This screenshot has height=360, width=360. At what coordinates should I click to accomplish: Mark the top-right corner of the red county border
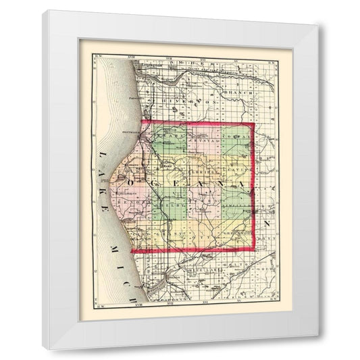click(x=253, y=123)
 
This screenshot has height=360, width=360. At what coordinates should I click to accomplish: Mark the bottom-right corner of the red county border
click(x=255, y=251)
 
